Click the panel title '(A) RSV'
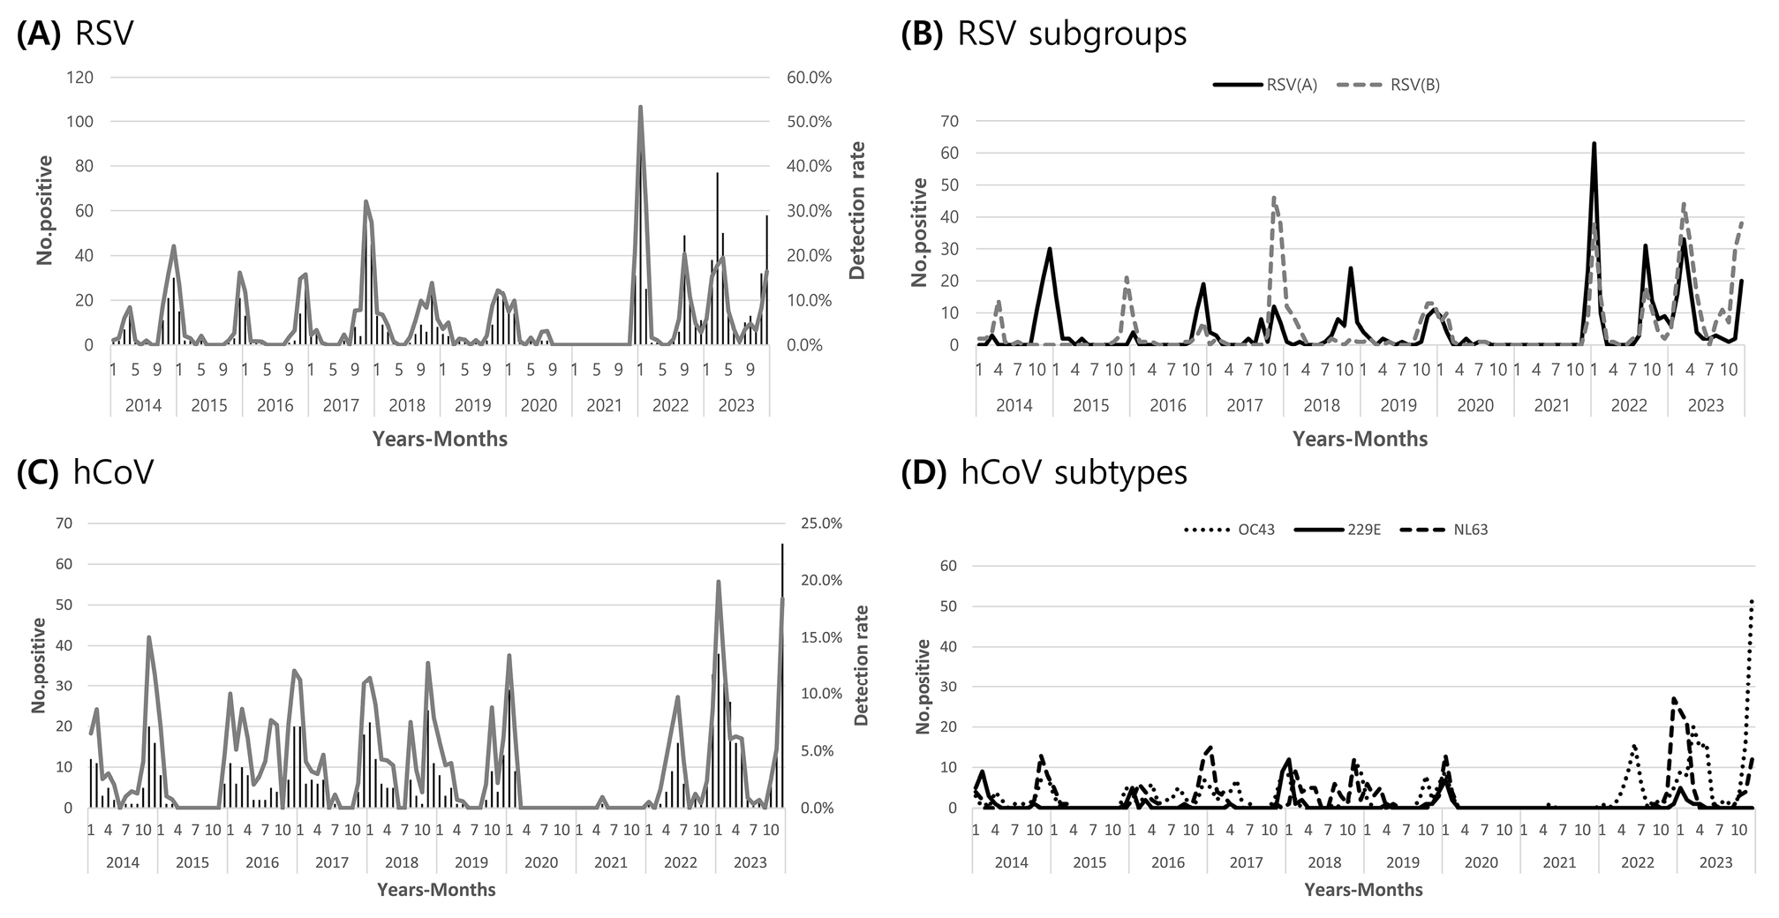75,33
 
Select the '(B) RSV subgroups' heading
1044,33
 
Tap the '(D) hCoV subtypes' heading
1044,473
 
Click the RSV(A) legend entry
1265,86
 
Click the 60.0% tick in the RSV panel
810,78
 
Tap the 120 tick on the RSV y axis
80,78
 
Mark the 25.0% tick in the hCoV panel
821,523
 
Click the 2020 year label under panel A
539,405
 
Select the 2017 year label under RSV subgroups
1245,405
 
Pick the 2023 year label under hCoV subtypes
1715,862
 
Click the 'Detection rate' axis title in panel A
857,210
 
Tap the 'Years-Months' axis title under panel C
436,890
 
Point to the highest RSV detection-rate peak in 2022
640,107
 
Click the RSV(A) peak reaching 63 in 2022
1594,143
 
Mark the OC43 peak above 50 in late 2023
1751,601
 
